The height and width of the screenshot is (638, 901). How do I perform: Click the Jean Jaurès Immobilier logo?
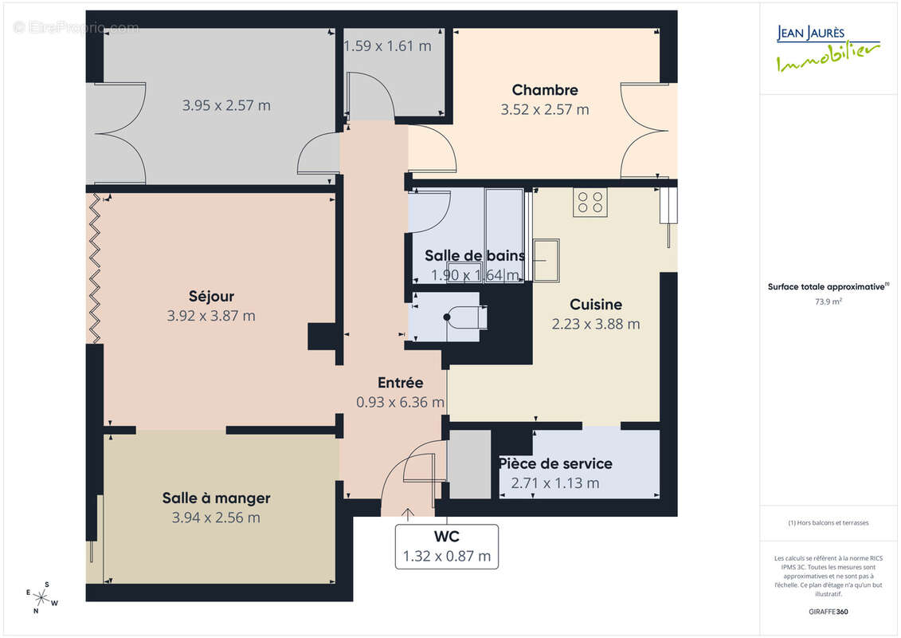(828, 49)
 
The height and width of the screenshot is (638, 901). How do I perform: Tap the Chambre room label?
(545, 90)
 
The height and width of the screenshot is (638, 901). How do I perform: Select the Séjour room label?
(211, 297)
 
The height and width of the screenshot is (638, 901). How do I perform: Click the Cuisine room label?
(596, 305)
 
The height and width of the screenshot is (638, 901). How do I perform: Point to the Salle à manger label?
(216, 498)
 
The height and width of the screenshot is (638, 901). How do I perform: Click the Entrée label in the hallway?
(400, 384)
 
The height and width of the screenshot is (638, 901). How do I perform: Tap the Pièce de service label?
(555, 464)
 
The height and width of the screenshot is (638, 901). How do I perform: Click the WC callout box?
(447, 546)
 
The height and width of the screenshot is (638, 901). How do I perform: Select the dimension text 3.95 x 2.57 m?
(226, 105)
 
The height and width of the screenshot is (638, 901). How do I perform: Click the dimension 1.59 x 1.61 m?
(387, 46)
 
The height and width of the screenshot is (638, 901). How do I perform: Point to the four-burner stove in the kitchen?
(590, 202)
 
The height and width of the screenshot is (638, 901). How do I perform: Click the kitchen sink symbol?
(545, 260)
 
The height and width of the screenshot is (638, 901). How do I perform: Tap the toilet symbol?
(464, 317)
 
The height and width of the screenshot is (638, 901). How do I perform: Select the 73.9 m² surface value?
(829, 301)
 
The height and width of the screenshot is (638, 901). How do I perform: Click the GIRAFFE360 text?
(829, 612)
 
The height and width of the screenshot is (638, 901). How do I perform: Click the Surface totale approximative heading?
(828, 286)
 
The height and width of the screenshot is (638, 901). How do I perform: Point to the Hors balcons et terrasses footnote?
(829, 523)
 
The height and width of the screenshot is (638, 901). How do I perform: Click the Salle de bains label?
(475, 256)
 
